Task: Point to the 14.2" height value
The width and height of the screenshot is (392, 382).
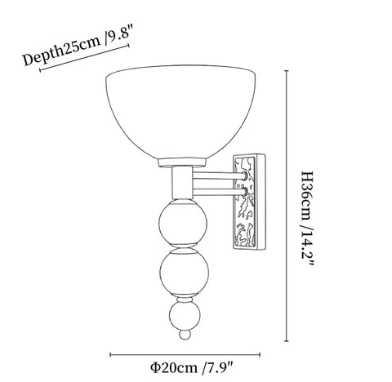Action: [308, 250]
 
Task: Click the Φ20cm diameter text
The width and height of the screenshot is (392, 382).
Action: [174, 367]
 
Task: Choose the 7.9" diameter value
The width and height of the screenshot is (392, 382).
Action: [220, 367]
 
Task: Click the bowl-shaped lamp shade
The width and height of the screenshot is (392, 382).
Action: [180, 113]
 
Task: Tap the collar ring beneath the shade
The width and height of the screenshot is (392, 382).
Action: [182, 162]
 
